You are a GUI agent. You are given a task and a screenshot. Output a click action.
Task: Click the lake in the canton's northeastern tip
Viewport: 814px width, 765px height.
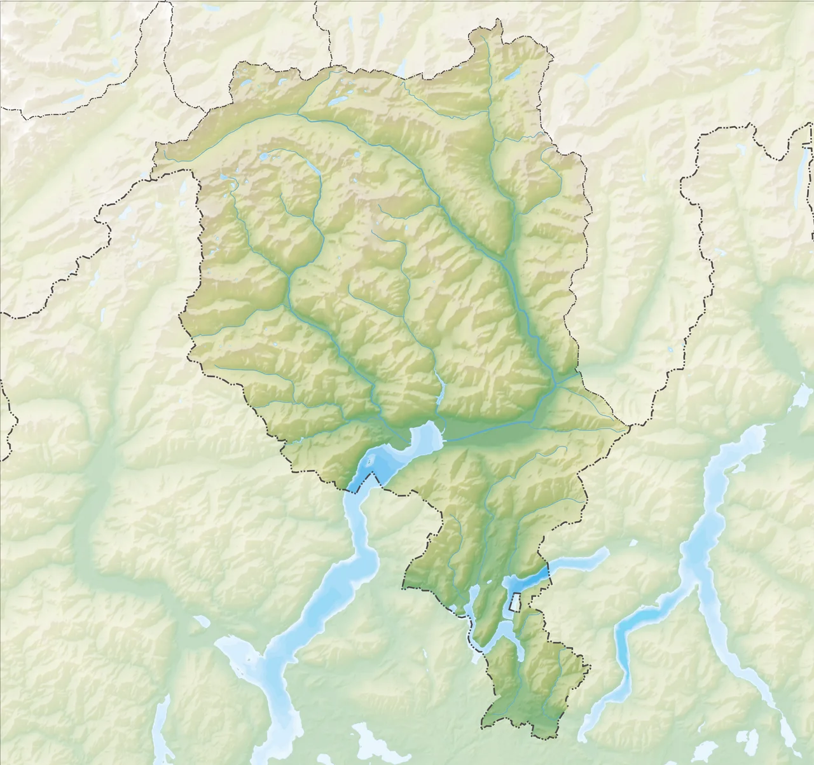pos(512,74)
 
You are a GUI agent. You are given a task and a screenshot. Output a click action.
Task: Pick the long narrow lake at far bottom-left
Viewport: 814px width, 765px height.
pos(163,725)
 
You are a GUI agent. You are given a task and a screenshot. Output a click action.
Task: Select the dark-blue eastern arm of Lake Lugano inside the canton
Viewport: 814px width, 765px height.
pos(527,581)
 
